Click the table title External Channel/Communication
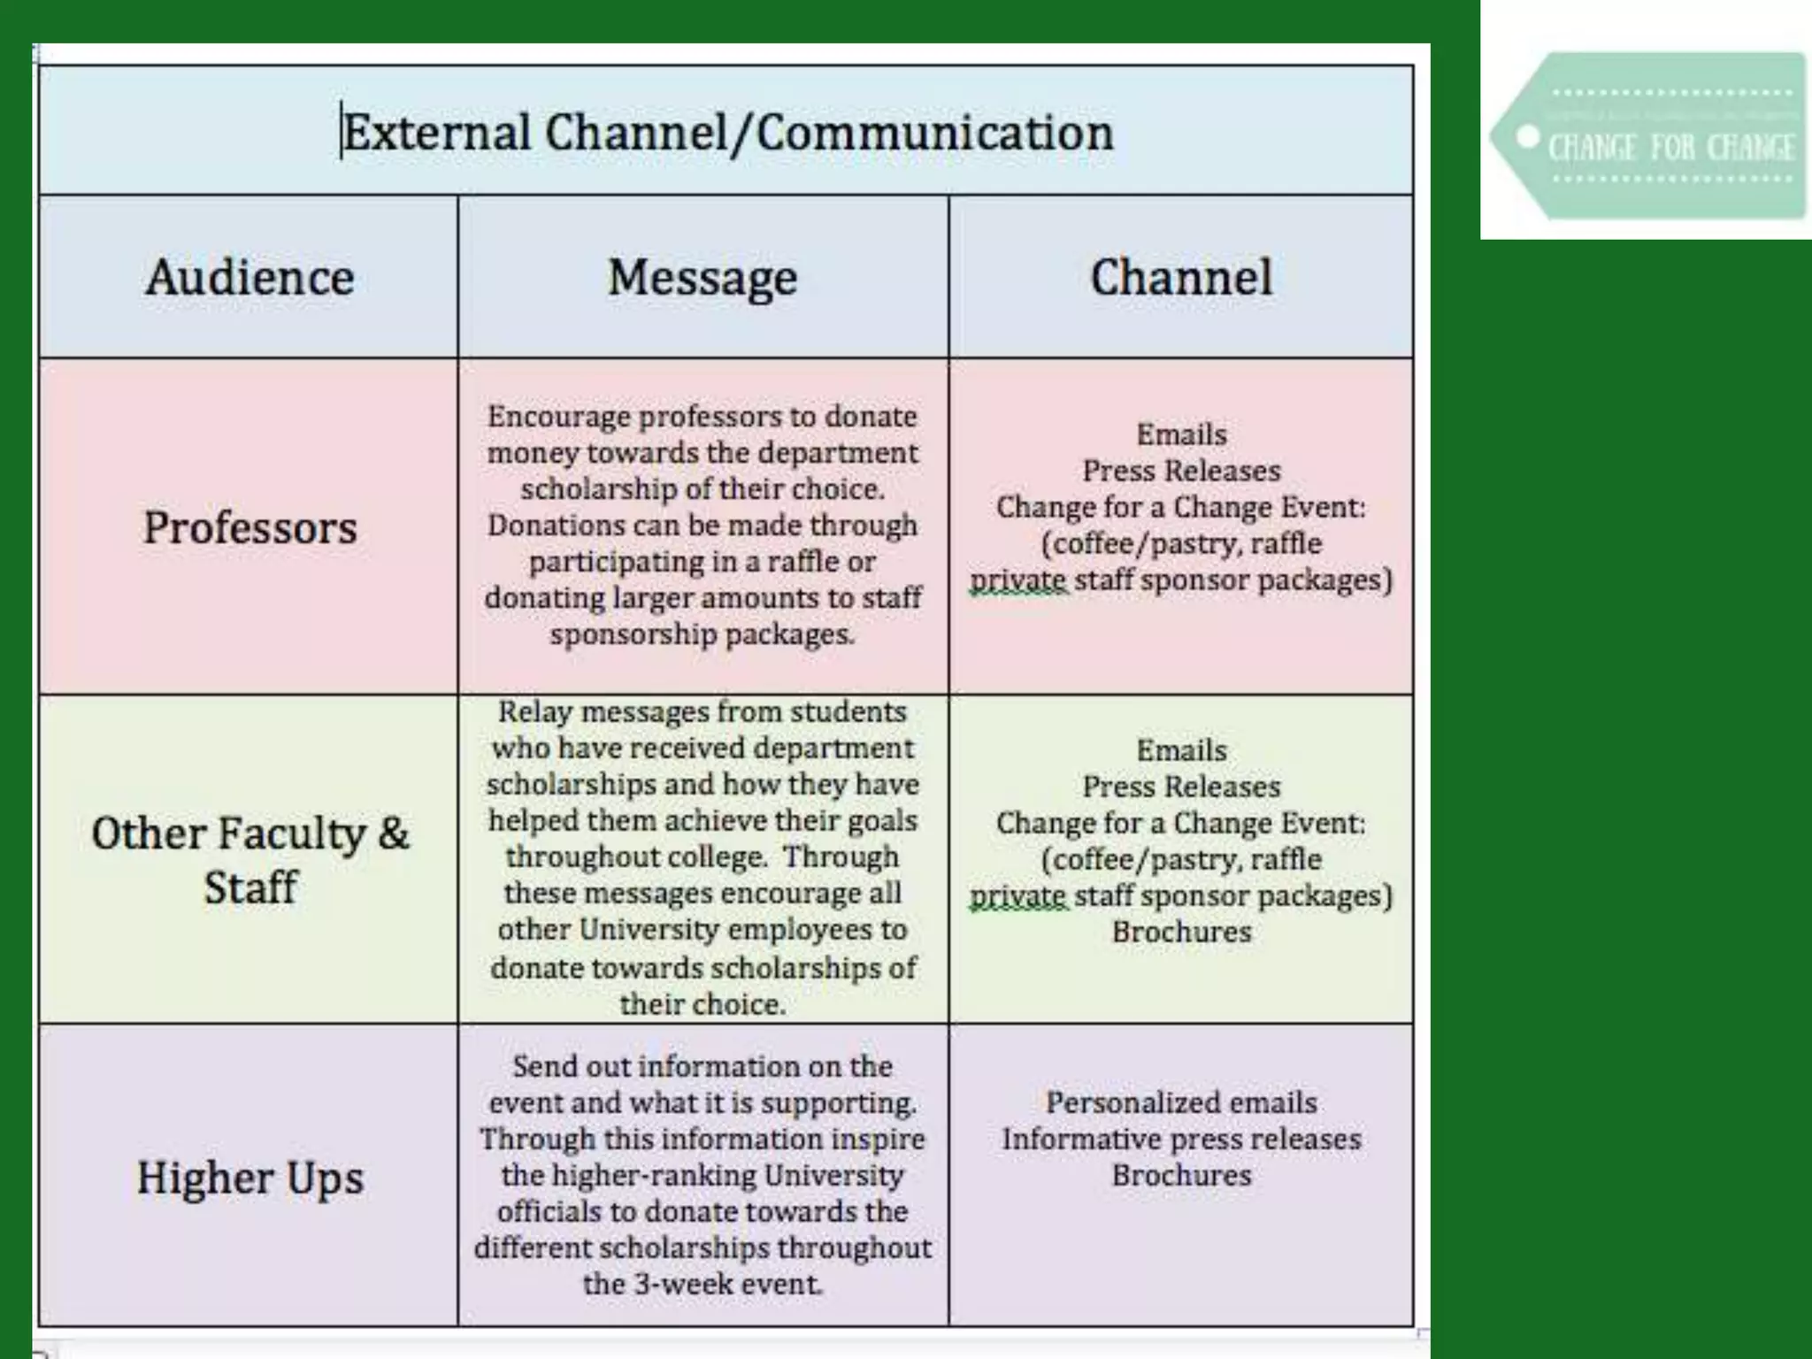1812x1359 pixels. [727, 134]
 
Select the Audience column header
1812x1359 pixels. [250, 278]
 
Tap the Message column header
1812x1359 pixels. [703, 278]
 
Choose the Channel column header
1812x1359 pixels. [1181, 278]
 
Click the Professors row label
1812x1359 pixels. [250, 528]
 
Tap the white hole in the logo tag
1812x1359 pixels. [1527, 137]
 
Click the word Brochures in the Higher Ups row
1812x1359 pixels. [1181, 1176]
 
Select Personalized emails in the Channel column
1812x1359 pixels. [1181, 1103]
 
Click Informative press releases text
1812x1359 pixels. [1181, 1140]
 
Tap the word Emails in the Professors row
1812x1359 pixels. [1181, 435]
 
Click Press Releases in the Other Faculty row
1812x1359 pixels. [1181, 787]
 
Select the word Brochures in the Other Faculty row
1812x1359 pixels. [1181, 933]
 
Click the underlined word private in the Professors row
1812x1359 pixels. [1018, 581]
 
